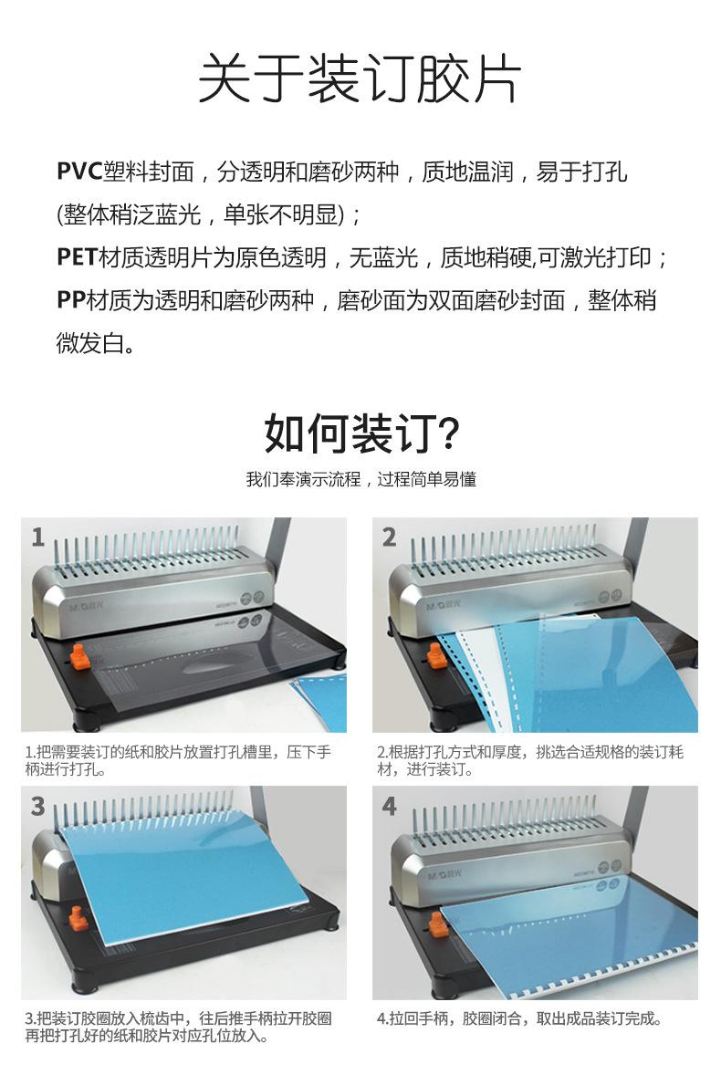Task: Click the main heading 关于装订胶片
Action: click(360, 80)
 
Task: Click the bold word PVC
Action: click(78, 171)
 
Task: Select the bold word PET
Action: click(77, 257)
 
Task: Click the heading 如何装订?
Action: click(360, 433)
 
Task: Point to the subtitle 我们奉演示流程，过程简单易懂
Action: click(360, 479)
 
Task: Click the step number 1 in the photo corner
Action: click(37, 537)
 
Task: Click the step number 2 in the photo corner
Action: click(389, 537)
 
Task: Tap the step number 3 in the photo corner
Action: click(37, 806)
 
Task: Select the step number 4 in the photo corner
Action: click(389, 806)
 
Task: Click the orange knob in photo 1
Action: click(78, 655)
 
